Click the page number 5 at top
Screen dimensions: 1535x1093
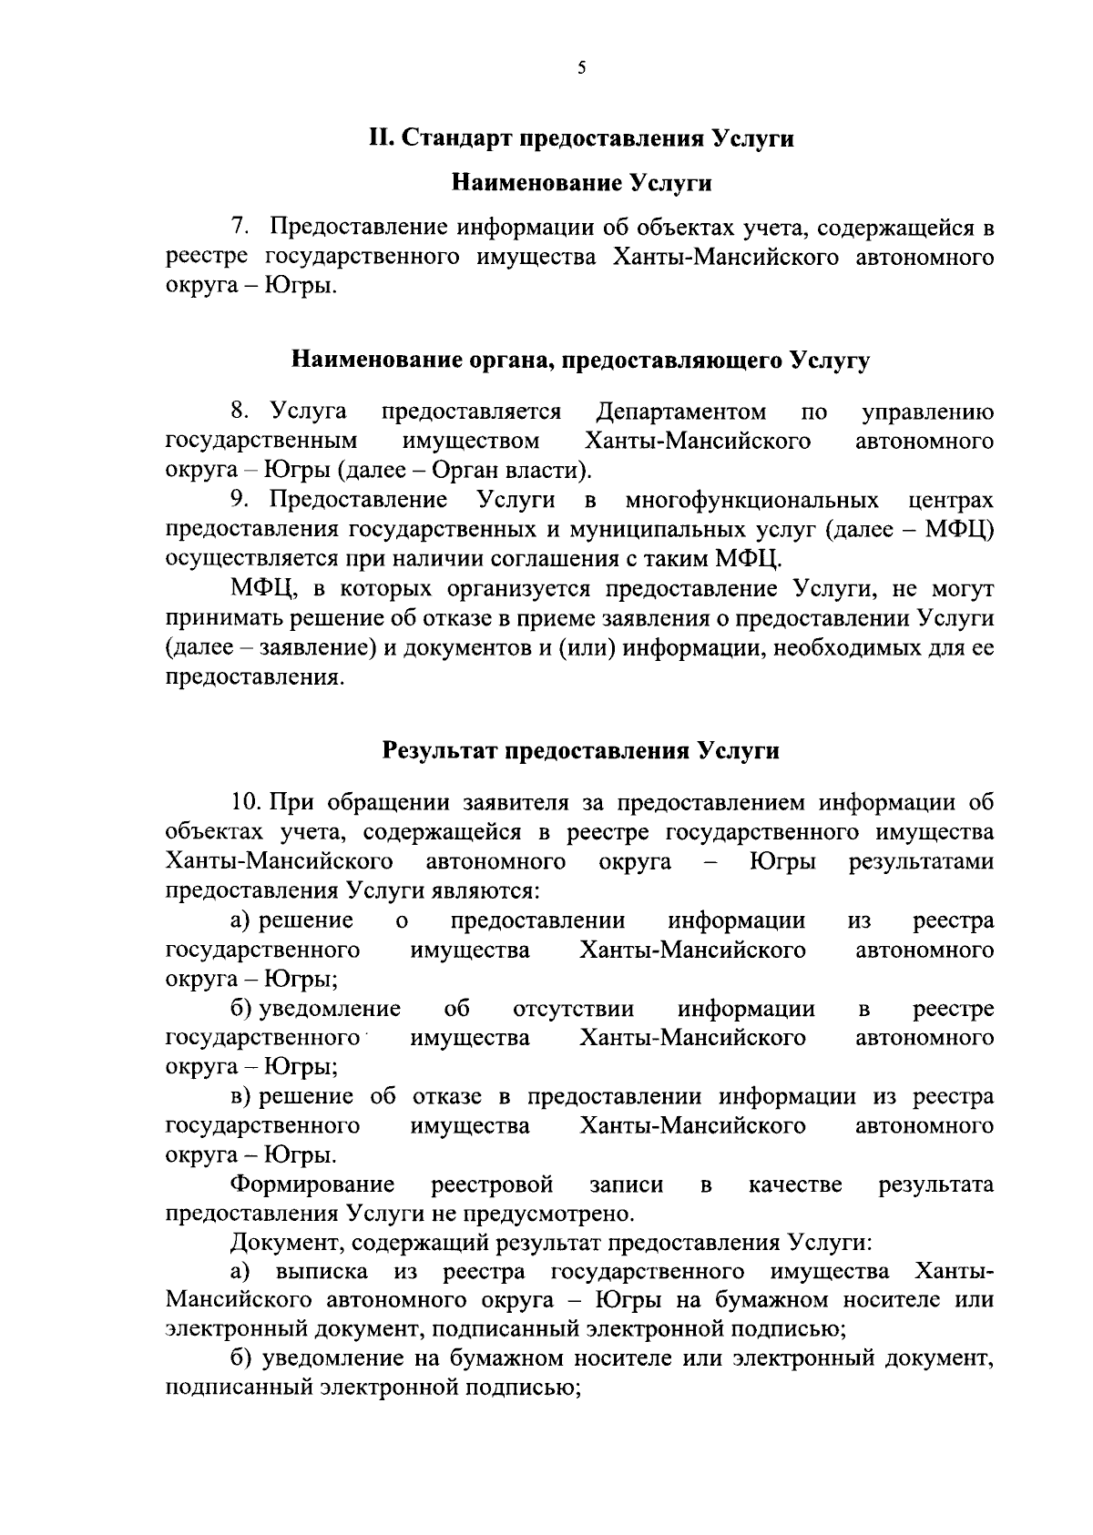tap(580, 66)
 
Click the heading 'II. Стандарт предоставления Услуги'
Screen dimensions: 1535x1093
tap(580, 138)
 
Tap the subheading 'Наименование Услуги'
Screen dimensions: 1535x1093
tap(581, 183)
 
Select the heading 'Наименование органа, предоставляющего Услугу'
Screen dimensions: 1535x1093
tap(580, 361)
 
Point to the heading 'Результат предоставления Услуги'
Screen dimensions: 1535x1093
tap(580, 751)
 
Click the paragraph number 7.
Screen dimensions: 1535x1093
tap(239, 228)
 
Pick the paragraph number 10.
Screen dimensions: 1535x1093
tap(247, 802)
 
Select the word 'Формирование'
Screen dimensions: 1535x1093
tap(312, 1184)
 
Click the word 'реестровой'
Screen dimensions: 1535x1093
tap(492, 1184)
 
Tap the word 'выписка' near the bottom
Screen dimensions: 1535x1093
tap(322, 1271)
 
